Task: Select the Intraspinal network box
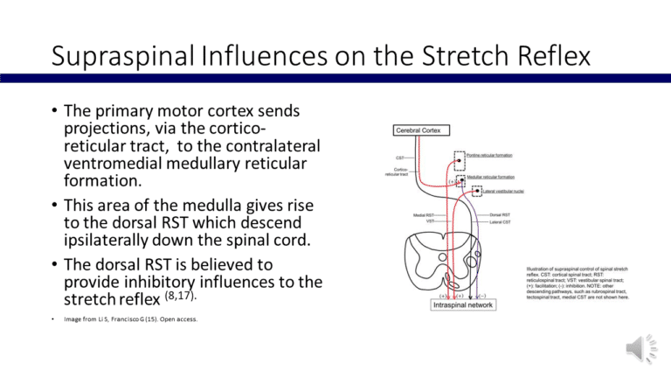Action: click(463, 305)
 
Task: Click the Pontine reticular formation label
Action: click(488, 156)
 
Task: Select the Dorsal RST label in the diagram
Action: click(501, 214)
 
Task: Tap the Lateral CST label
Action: click(502, 222)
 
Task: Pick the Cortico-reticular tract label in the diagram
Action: click(397, 172)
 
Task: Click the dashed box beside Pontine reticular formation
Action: click(460, 160)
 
